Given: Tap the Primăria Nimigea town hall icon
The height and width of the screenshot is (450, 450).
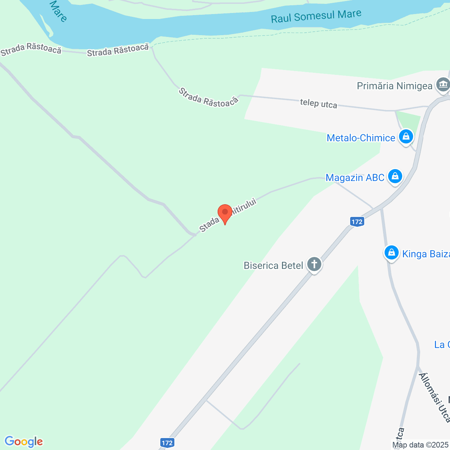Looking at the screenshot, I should [443, 85].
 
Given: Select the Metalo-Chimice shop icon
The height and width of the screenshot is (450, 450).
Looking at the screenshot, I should [406, 136].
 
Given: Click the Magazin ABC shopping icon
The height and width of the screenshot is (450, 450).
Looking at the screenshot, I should [395, 176].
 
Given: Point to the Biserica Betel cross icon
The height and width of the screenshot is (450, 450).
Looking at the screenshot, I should [314, 264].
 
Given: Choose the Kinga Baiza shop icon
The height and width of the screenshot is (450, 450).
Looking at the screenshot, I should [391, 253].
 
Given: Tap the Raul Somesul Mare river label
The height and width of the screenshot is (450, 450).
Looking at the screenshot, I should [316, 16].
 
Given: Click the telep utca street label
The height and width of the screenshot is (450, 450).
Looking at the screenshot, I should [319, 104].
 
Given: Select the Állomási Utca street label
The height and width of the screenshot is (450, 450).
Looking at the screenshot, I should [435, 397].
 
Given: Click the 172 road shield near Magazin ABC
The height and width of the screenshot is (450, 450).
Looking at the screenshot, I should [357, 221].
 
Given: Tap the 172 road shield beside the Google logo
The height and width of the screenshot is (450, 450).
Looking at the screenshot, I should [167, 443].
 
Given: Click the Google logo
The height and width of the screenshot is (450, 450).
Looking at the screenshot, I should [24, 442].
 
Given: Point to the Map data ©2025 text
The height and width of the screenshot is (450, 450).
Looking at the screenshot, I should [420, 445].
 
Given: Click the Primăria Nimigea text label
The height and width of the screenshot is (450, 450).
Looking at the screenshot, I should [394, 86].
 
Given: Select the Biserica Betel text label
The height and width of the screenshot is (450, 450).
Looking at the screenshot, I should [273, 265].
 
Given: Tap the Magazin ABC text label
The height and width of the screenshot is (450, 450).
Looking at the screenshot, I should [355, 178].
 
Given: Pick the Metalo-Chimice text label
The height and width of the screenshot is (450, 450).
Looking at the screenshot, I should [361, 138].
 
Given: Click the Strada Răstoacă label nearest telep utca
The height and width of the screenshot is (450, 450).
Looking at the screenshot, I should [208, 97].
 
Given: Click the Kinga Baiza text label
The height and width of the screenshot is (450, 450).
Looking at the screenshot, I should [426, 254].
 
